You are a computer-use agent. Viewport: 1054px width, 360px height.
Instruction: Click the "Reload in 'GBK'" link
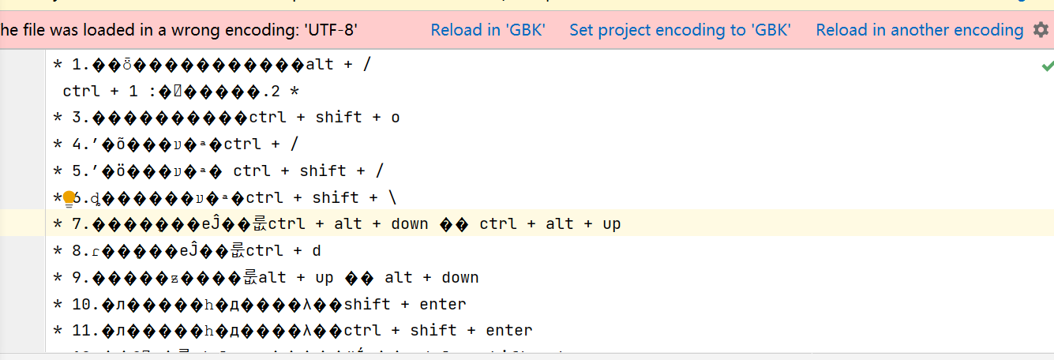[x=487, y=30]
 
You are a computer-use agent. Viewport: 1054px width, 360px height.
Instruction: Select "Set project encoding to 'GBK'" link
[x=680, y=30]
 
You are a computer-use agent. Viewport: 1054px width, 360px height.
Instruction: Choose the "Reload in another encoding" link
[x=919, y=30]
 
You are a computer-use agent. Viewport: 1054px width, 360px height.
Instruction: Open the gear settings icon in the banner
[x=1041, y=30]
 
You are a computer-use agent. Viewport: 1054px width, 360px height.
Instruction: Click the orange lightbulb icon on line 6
[x=69, y=197]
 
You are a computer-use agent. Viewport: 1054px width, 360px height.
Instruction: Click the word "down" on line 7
[x=409, y=224]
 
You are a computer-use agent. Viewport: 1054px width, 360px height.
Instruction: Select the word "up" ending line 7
[x=612, y=224]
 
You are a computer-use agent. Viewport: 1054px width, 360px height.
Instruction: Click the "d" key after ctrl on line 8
[x=317, y=251]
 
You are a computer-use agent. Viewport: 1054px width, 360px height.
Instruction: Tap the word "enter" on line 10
[x=443, y=304]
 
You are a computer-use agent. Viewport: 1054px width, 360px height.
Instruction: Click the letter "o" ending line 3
[x=396, y=118]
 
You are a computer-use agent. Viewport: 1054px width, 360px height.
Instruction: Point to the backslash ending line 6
[x=392, y=197]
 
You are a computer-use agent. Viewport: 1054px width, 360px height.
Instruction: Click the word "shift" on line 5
[x=323, y=171]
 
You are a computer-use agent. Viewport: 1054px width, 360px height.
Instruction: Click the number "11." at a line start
[x=86, y=330]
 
